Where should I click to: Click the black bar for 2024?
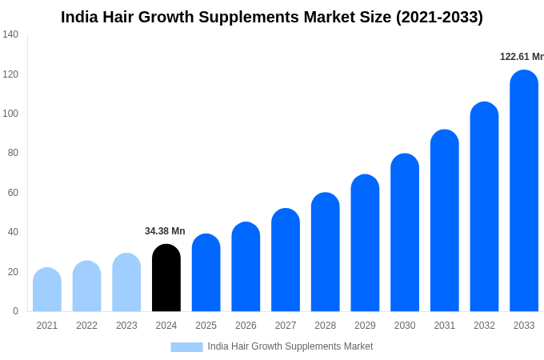[x=166, y=278]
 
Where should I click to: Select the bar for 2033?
[x=524, y=192]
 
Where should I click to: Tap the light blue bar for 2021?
[x=47, y=290]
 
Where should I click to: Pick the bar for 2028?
[x=326, y=252]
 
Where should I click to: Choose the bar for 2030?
[x=405, y=233]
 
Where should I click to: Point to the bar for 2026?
[x=246, y=267]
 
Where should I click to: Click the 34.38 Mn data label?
[x=165, y=231]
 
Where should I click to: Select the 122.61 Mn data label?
[x=522, y=57]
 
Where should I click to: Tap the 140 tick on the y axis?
[x=10, y=34]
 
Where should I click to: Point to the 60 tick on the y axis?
[x=13, y=193]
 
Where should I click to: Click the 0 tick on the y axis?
[x=15, y=311]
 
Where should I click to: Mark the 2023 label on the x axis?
[x=126, y=326]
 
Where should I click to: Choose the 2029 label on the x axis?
[x=365, y=326]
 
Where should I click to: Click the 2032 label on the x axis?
[x=484, y=326]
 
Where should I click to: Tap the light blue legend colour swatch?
[x=186, y=347]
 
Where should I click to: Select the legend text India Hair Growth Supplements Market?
[x=290, y=346]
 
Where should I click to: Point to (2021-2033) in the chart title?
[x=439, y=17]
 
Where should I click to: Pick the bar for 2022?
[x=87, y=286]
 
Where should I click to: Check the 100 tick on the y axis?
[x=10, y=114]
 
